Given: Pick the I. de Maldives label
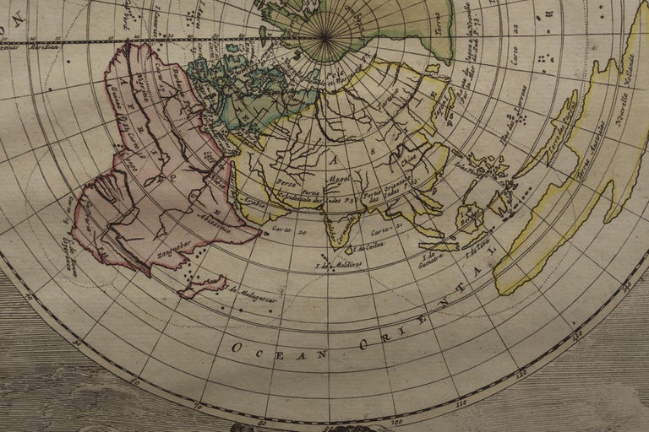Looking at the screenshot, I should click(338, 265).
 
